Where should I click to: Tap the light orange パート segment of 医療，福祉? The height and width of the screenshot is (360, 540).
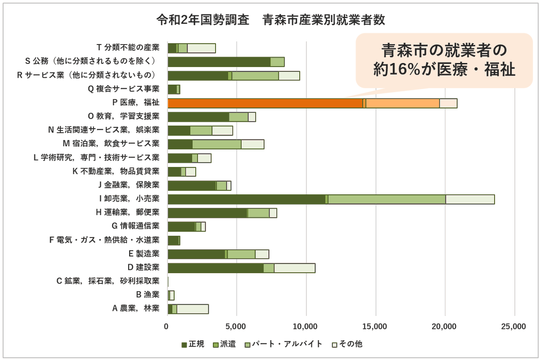(x=402, y=103)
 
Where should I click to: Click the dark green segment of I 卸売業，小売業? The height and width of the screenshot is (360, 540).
(x=246, y=199)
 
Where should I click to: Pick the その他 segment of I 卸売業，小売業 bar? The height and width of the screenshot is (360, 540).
(x=470, y=199)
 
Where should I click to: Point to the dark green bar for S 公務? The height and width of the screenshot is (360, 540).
(x=219, y=62)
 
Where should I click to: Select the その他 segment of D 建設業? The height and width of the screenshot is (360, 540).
(x=294, y=268)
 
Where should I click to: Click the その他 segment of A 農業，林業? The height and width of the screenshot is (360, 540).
(x=192, y=309)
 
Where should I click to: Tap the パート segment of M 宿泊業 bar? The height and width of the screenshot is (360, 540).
(x=216, y=144)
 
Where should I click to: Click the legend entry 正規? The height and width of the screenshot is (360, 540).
(x=193, y=344)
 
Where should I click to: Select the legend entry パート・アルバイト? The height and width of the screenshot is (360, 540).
(x=283, y=344)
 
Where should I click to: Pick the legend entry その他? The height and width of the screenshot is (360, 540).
(x=346, y=344)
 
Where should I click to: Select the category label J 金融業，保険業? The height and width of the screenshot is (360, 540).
(x=128, y=185)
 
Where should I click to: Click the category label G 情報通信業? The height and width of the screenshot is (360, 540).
(x=135, y=226)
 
